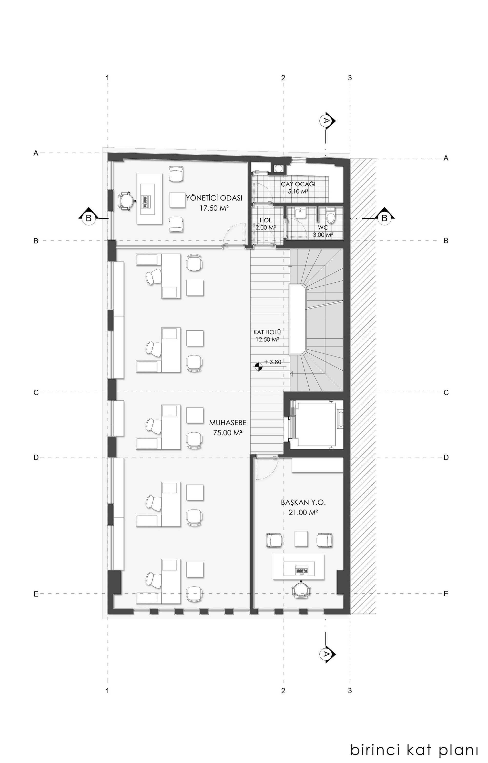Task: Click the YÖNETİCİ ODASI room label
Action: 214,198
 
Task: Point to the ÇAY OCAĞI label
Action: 298,184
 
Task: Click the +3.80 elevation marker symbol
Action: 259,367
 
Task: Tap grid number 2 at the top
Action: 283,78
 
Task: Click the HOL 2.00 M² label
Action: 265,224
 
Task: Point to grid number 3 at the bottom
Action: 350,691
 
